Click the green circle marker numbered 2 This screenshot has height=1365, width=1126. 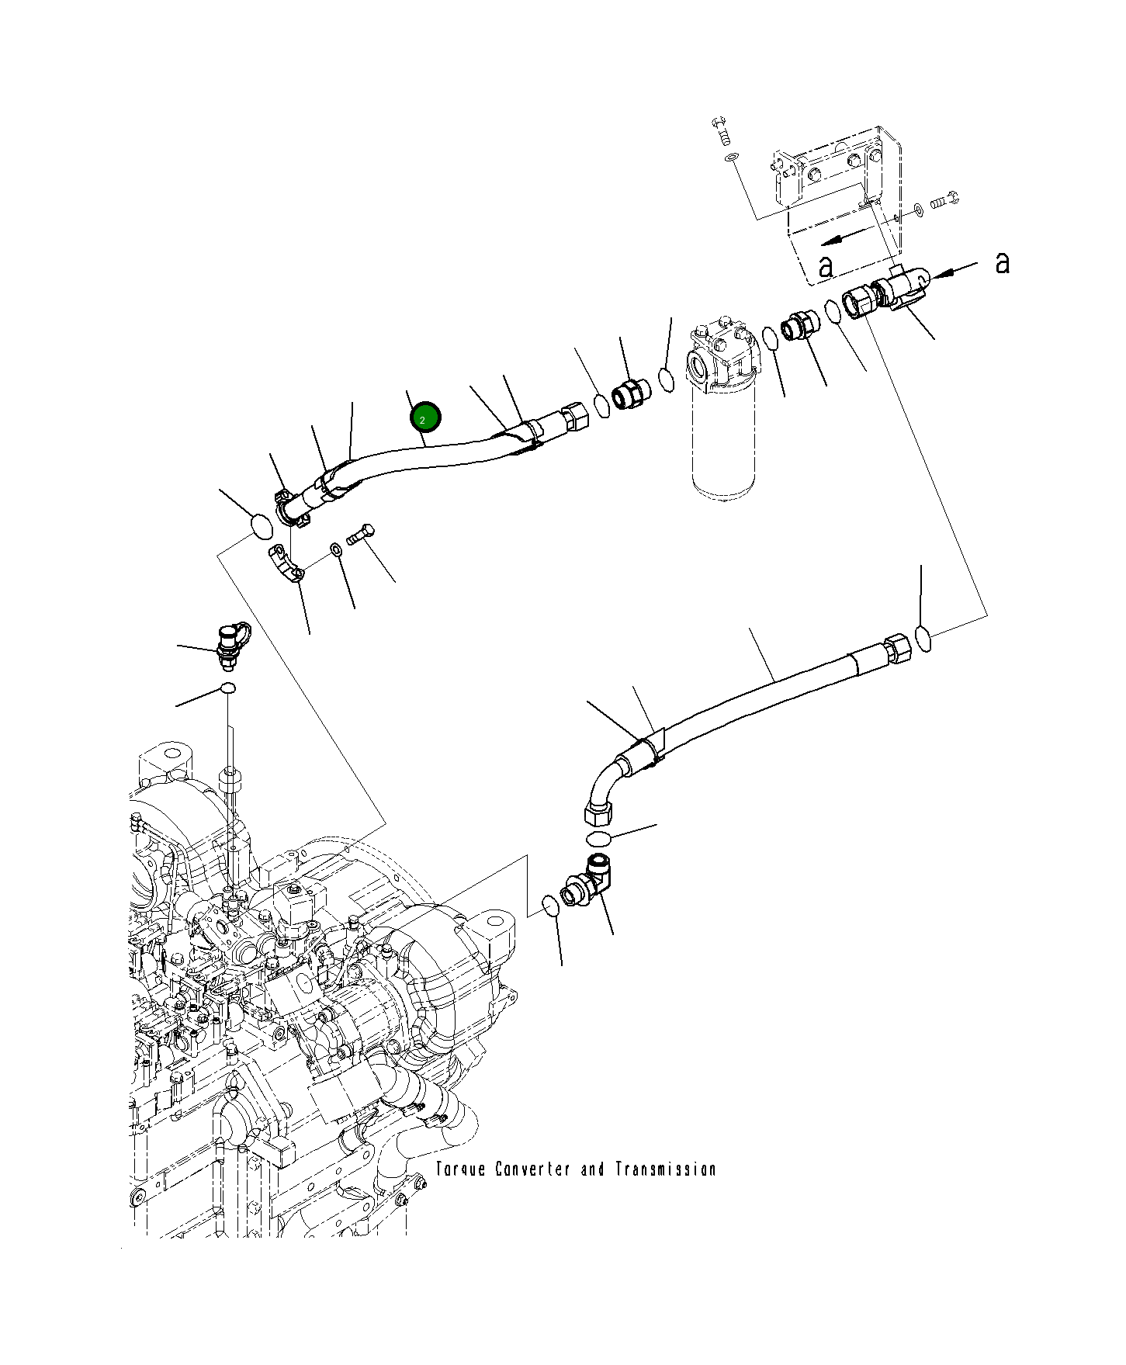coord(425,417)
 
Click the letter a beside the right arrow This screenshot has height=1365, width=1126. coord(1003,263)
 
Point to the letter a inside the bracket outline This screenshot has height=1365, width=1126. coord(826,267)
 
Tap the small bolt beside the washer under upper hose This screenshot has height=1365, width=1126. coord(362,534)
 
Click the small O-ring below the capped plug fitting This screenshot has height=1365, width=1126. coord(227,688)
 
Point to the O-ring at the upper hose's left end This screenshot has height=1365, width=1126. coord(262,527)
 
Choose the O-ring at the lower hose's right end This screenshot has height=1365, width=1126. coord(923,638)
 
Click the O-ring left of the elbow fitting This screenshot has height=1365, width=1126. coord(549,906)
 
